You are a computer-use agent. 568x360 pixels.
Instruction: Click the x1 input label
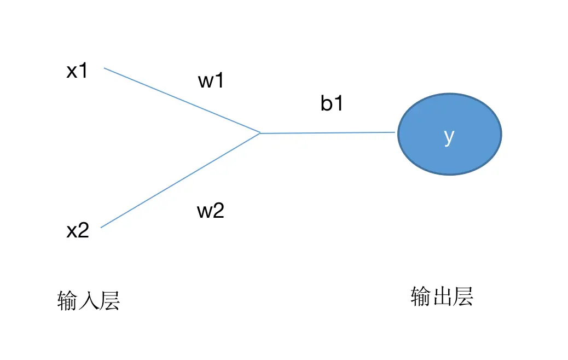pyautogui.click(x=77, y=71)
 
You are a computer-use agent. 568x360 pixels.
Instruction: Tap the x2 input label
pyautogui.click(x=78, y=231)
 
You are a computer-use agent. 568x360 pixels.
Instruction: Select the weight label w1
pyautogui.click(x=211, y=81)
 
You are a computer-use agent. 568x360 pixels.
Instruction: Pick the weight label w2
pyautogui.click(x=211, y=211)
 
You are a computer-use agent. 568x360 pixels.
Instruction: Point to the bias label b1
pyautogui.click(x=332, y=103)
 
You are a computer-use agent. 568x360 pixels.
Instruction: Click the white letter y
pyautogui.click(x=449, y=137)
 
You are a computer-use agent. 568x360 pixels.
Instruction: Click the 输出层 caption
pyautogui.click(x=442, y=297)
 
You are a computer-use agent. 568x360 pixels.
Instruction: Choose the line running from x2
pyautogui.click(x=181, y=180)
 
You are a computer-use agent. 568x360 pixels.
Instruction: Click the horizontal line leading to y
pyautogui.click(x=328, y=132)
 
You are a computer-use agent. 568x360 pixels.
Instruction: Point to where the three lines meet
pyautogui.click(x=260, y=133)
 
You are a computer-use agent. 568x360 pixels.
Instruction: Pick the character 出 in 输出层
pyautogui.click(x=442, y=297)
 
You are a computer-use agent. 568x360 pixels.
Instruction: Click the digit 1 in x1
pyautogui.click(x=83, y=71)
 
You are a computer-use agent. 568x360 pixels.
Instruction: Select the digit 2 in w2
pyautogui.click(x=218, y=211)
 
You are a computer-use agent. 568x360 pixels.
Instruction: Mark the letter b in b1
pyautogui.click(x=327, y=103)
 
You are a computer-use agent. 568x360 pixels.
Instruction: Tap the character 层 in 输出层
pyautogui.click(x=463, y=297)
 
